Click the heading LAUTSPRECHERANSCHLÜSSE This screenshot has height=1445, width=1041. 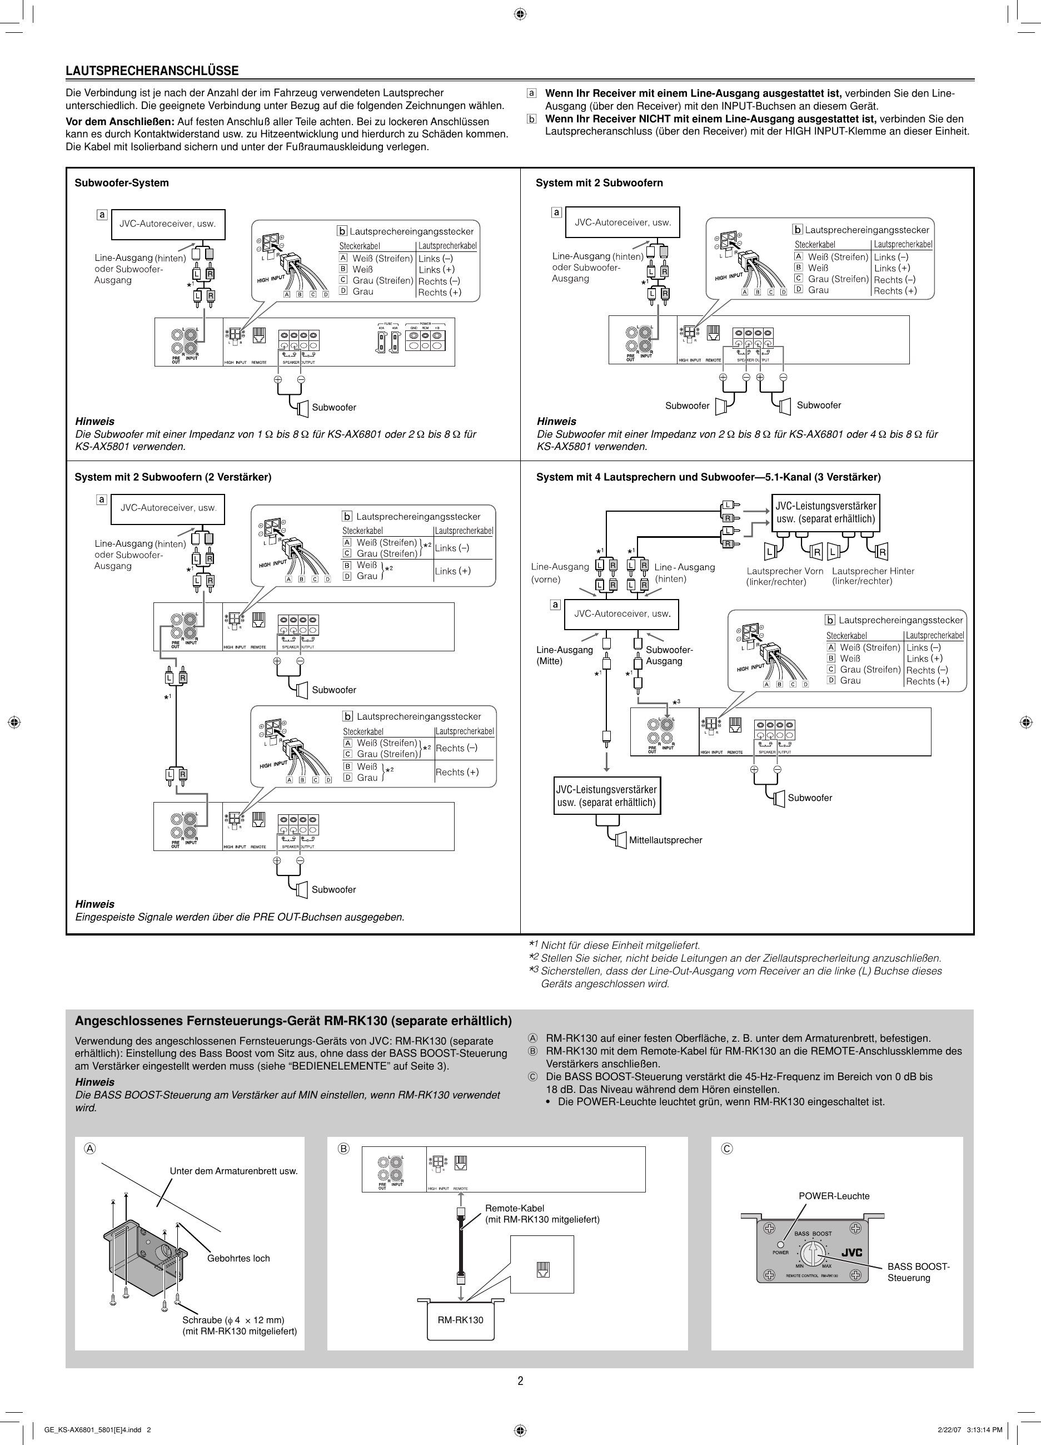tap(152, 71)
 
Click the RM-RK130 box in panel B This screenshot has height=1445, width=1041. tap(460, 1319)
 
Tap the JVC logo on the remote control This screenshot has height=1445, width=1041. tap(851, 1253)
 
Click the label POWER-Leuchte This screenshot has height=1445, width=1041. tap(834, 1196)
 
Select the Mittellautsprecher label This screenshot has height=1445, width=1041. tap(665, 840)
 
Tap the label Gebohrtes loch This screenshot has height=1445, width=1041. tap(238, 1258)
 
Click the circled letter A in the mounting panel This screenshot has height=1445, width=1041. tap(91, 1148)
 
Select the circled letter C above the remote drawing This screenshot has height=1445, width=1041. tap(726, 1148)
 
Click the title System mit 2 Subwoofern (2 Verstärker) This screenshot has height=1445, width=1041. tap(172, 477)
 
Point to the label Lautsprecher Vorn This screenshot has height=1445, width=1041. tap(784, 571)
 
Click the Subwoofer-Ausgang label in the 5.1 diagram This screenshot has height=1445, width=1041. tap(669, 655)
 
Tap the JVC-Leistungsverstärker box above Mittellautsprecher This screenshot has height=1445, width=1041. tap(606, 796)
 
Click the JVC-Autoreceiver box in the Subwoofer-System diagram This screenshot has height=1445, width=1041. tap(168, 224)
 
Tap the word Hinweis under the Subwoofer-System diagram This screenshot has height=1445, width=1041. tap(94, 421)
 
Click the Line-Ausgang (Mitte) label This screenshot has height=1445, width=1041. tap(564, 655)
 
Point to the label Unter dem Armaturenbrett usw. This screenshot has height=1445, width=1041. tap(233, 1171)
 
